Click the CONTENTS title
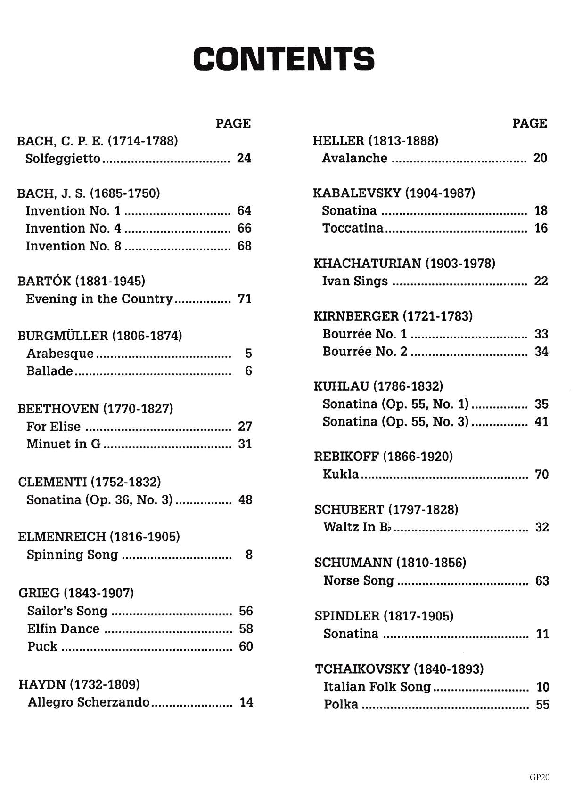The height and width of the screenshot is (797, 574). click(284, 59)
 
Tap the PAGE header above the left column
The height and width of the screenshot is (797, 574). click(233, 123)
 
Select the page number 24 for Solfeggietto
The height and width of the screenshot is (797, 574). click(244, 158)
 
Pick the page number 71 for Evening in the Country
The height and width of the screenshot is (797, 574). click(245, 299)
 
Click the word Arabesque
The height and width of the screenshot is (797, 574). click(60, 353)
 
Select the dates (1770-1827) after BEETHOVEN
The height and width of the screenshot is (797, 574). click(138, 409)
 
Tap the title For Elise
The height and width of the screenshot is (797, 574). click(53, 427)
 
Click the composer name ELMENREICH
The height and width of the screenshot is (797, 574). click(62, 537)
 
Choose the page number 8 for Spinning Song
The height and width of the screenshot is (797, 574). click(249, 555)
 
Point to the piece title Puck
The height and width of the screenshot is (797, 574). click(42, 646)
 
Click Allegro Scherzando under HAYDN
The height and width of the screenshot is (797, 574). click(89, 702)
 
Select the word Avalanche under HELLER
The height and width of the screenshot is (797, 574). click(354, 158)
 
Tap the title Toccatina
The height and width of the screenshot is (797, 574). click(353, 228)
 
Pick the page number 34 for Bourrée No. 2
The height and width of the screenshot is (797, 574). click(541, 352)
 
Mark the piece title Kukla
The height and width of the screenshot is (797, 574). click(341, 474)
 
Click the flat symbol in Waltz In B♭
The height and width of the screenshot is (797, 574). click(389, 528)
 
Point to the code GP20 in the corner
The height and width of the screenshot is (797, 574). click(539, 777)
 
